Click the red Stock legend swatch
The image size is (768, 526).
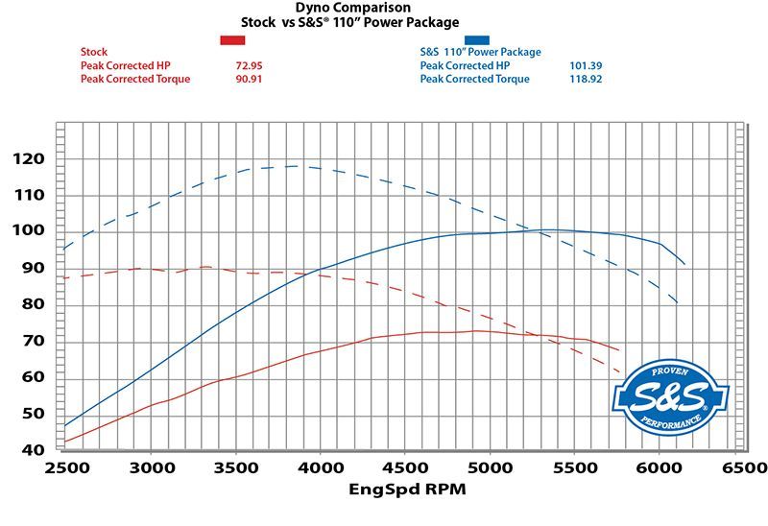[233, 39]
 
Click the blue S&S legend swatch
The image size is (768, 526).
[476, 39]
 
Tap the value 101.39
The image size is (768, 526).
[586, 65]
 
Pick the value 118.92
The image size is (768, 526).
[586, 79]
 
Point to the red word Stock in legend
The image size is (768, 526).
[94, 52]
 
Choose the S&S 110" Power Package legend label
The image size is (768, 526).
[480, 52]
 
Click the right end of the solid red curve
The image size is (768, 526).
[619, 350]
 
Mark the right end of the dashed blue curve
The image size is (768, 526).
[680, 304]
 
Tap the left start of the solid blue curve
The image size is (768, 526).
[64, 425]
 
